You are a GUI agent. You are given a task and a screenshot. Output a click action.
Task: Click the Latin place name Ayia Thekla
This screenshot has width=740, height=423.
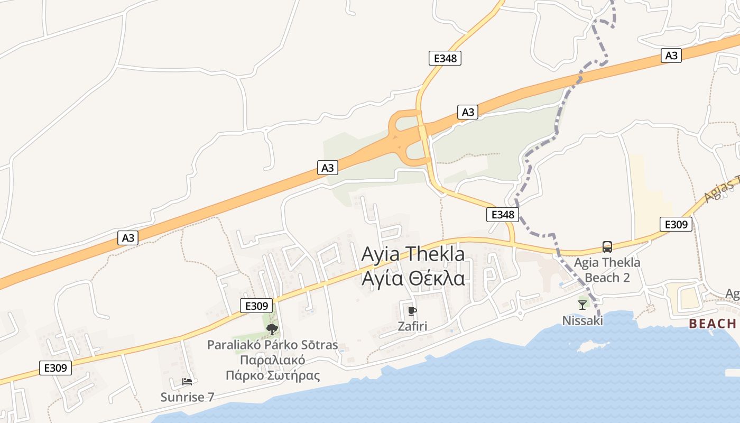click(413, 254)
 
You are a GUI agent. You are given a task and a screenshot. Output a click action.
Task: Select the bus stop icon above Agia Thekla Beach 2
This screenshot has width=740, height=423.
click(607, 247)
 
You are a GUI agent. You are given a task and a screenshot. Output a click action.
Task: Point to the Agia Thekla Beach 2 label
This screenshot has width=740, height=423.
click(607, 270)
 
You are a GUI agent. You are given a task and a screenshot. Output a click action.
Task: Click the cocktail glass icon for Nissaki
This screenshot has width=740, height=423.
click(582, 305)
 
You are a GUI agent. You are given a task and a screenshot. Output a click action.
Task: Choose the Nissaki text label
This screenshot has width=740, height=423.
click(582, 320)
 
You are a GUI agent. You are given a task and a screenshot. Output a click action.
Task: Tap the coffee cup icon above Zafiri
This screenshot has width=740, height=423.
click(412, 311)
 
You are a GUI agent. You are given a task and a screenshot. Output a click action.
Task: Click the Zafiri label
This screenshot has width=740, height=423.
click(412, 326)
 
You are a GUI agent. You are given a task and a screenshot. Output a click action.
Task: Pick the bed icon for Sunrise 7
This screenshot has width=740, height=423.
click(187, 381)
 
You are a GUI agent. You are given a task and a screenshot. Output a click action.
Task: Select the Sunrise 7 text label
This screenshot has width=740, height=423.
click(188, 397)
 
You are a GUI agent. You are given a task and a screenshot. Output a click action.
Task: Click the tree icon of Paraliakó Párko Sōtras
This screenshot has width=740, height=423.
click(272, 330)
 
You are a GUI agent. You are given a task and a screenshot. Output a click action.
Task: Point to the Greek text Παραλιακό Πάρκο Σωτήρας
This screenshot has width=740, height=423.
click(273, 368)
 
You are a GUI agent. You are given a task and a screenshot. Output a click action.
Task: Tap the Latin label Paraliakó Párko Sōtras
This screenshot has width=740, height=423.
click(273, 345)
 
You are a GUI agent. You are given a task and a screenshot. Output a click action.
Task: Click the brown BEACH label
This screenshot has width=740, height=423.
click(712, 324)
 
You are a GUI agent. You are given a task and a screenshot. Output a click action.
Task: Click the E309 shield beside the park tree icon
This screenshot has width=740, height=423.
click(256, 306)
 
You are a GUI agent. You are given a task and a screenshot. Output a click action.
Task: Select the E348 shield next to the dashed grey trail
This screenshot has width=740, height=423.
click(502, 215)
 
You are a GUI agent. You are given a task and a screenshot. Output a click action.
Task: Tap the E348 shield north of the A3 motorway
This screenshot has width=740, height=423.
click(445, 58)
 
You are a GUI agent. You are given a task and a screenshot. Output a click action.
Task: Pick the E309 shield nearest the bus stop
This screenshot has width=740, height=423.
click(676, 225)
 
